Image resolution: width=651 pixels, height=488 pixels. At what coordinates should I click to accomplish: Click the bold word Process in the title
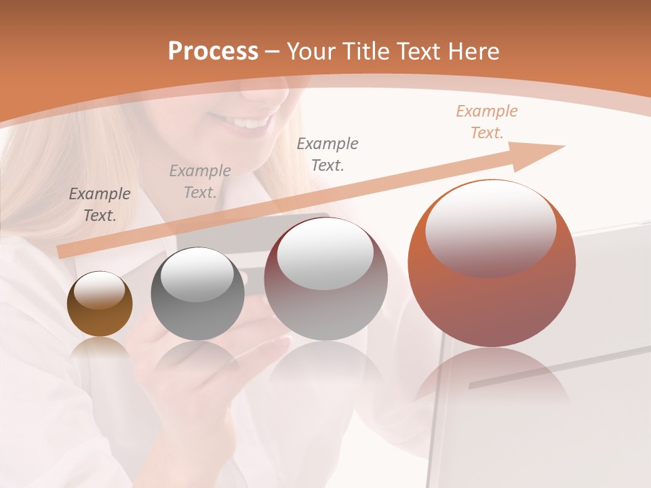[x=213, y=52]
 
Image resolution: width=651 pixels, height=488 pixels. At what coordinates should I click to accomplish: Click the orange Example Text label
[x=487, y=122]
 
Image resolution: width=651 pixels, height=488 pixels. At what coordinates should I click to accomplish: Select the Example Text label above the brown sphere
[x=100, y=205]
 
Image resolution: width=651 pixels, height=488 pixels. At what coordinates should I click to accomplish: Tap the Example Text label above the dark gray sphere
[x=200, y=182]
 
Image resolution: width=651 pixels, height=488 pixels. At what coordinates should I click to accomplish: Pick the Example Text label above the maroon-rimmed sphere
[x=328, y=155]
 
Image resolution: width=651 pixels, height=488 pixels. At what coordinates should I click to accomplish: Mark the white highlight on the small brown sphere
[x=100, y=290]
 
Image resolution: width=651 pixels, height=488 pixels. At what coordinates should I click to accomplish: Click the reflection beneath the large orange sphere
[x=492, y=380]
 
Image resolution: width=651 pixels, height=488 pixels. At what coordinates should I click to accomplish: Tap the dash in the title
[x=273, y=52]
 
